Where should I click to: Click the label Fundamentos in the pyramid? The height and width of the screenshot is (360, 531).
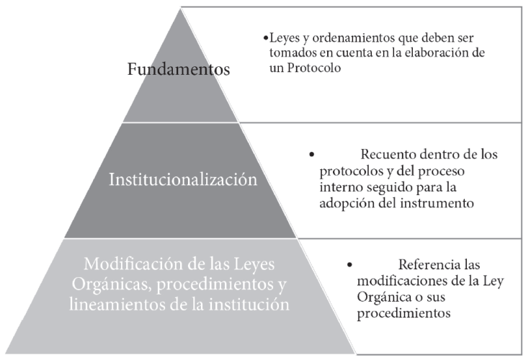coord(178,70)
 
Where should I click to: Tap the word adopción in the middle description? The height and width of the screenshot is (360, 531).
coord(339,203)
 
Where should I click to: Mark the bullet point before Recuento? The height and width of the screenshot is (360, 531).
coord(312,155)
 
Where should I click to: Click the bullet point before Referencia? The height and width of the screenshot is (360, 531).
coord(350,265)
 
